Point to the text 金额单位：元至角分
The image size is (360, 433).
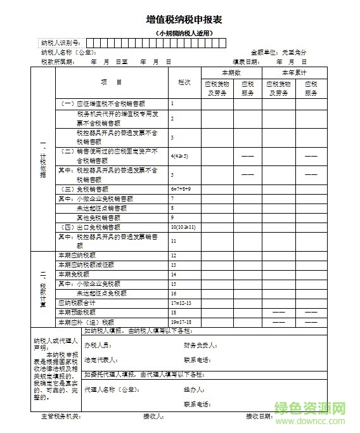coord(279,52)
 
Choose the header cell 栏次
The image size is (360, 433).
coord(184,83)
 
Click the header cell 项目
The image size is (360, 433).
coord(112,82)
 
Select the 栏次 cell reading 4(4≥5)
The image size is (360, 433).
coord(179,155)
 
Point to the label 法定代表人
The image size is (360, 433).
coord(100,359)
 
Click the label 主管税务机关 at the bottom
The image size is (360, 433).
coord(61,417)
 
